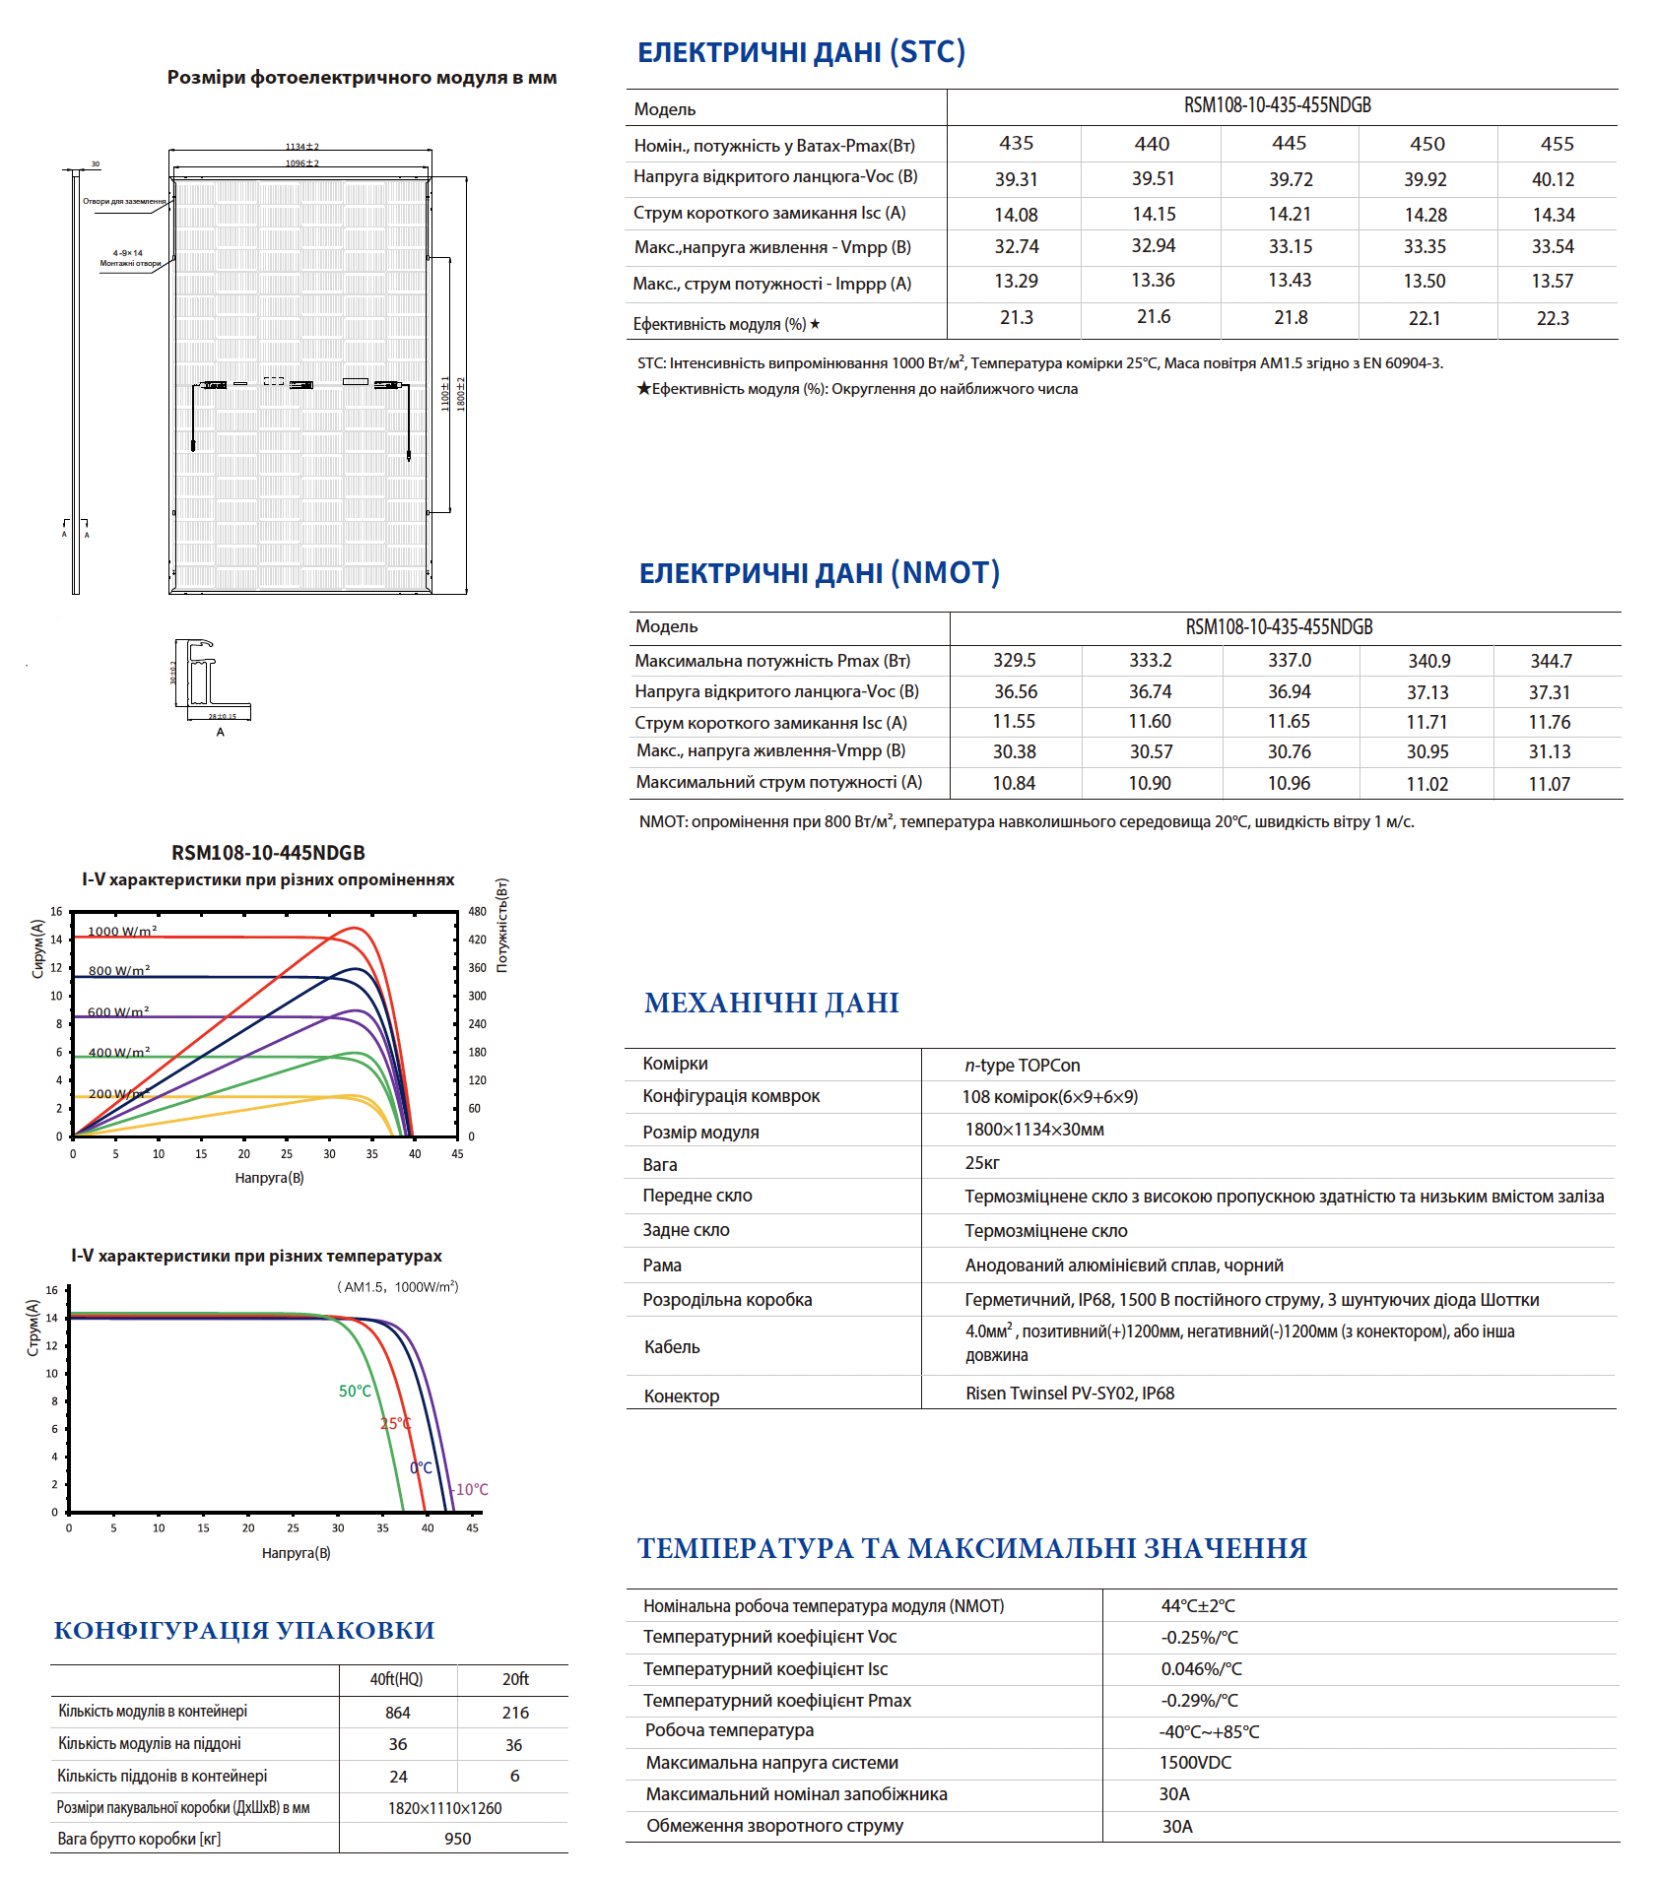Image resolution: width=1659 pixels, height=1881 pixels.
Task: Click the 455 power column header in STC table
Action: (1557, 144)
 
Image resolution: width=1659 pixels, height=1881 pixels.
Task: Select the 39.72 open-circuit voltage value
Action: (1290, 179)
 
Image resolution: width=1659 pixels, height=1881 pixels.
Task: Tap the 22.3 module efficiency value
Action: (1553, 318)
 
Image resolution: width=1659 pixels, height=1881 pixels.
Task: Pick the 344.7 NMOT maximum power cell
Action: (1551, 661)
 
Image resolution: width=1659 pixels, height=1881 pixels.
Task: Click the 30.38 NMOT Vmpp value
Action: (1014, 751)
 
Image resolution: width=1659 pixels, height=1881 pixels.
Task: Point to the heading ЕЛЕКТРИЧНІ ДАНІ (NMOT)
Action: (819, 572)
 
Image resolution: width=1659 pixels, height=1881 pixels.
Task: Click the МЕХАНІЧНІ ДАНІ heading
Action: (771, 1003)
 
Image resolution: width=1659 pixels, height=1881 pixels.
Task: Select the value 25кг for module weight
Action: (982, 1163)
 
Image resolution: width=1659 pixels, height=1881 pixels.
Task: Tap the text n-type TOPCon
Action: (1022, 1065)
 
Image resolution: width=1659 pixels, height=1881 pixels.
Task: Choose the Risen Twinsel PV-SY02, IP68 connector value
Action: (1070, 1393)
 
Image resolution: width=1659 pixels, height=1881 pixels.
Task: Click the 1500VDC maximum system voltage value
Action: (1195, 1762)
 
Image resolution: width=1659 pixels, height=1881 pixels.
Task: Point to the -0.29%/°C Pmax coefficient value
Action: (1199, 1700)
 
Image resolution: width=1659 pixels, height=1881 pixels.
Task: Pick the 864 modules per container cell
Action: (398, 1713)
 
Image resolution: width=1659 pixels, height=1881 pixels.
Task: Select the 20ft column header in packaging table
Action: (515, 1678)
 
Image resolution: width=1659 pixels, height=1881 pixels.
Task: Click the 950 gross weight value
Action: (457, 1839)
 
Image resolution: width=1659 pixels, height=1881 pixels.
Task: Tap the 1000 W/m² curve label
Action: (122, 931)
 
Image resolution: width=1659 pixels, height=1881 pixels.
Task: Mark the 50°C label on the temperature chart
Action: (355, 1391)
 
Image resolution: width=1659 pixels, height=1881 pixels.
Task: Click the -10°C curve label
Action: (471, 1489)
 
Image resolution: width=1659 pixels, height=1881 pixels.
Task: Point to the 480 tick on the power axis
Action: (477, 911)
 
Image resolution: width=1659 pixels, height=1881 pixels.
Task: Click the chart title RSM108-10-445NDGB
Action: (268, 852)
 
